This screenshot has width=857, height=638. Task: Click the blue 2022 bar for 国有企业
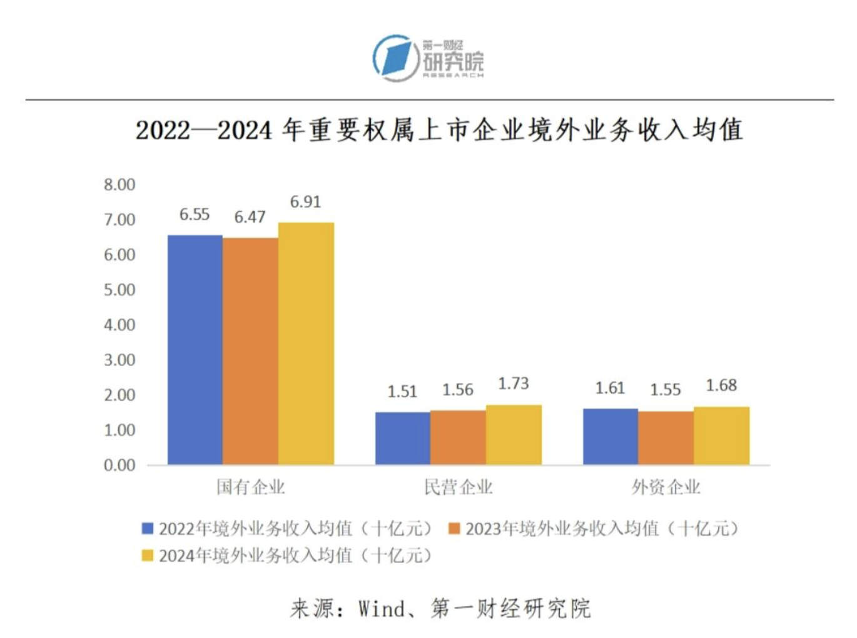tap(195, 350)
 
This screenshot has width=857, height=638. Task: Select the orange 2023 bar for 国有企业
tap(250, 351)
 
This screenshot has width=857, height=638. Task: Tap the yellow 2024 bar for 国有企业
tap(306, 343)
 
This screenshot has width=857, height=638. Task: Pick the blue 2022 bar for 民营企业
tap(402, 438)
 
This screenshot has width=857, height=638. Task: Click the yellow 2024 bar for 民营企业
tap(514, 434)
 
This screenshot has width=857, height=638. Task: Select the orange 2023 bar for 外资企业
tap(666, 437)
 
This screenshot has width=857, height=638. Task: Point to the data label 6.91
tap(305, 202)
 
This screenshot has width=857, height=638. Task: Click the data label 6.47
tap(250, 217)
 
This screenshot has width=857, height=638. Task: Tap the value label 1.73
tap(513, 383)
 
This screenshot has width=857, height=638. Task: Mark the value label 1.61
tap(610, 388)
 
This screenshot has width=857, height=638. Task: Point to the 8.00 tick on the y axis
tap(119, 185)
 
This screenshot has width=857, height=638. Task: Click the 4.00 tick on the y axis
tap(119, 325)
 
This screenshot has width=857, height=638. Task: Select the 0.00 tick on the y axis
tap(119, 465)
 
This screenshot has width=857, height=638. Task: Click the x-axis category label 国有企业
tap(250, 487)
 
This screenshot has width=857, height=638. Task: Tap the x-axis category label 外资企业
tap(666, 487)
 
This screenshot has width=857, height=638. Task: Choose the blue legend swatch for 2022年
tap(148, 529)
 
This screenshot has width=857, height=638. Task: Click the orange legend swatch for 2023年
tap(454, 529)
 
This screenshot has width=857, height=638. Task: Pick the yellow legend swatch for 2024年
tap(148, 555)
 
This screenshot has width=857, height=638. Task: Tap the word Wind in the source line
tap(382, 608)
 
